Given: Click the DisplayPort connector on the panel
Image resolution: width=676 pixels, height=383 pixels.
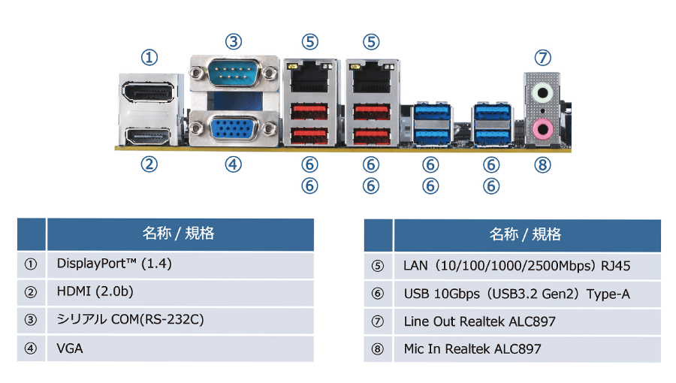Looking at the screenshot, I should pyautogui.click(x=149, y=95).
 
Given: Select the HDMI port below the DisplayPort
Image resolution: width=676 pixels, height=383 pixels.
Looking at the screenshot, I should pyautogui.click(x=149, y=135).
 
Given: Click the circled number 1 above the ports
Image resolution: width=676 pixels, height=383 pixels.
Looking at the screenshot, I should pyautogui.click(x=150, y=57).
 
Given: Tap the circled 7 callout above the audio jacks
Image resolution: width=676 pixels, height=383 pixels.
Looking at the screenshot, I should pyautogui.click(x=542, y=57).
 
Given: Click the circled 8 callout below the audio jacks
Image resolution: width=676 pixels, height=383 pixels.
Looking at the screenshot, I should pyautogui.click(x=542, y=164).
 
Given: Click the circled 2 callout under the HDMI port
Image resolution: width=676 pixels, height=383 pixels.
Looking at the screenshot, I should pyautogui.click(x=150, y=164).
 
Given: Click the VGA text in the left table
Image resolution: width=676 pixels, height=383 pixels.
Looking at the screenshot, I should pyautogui.click(x=70, y=348).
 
